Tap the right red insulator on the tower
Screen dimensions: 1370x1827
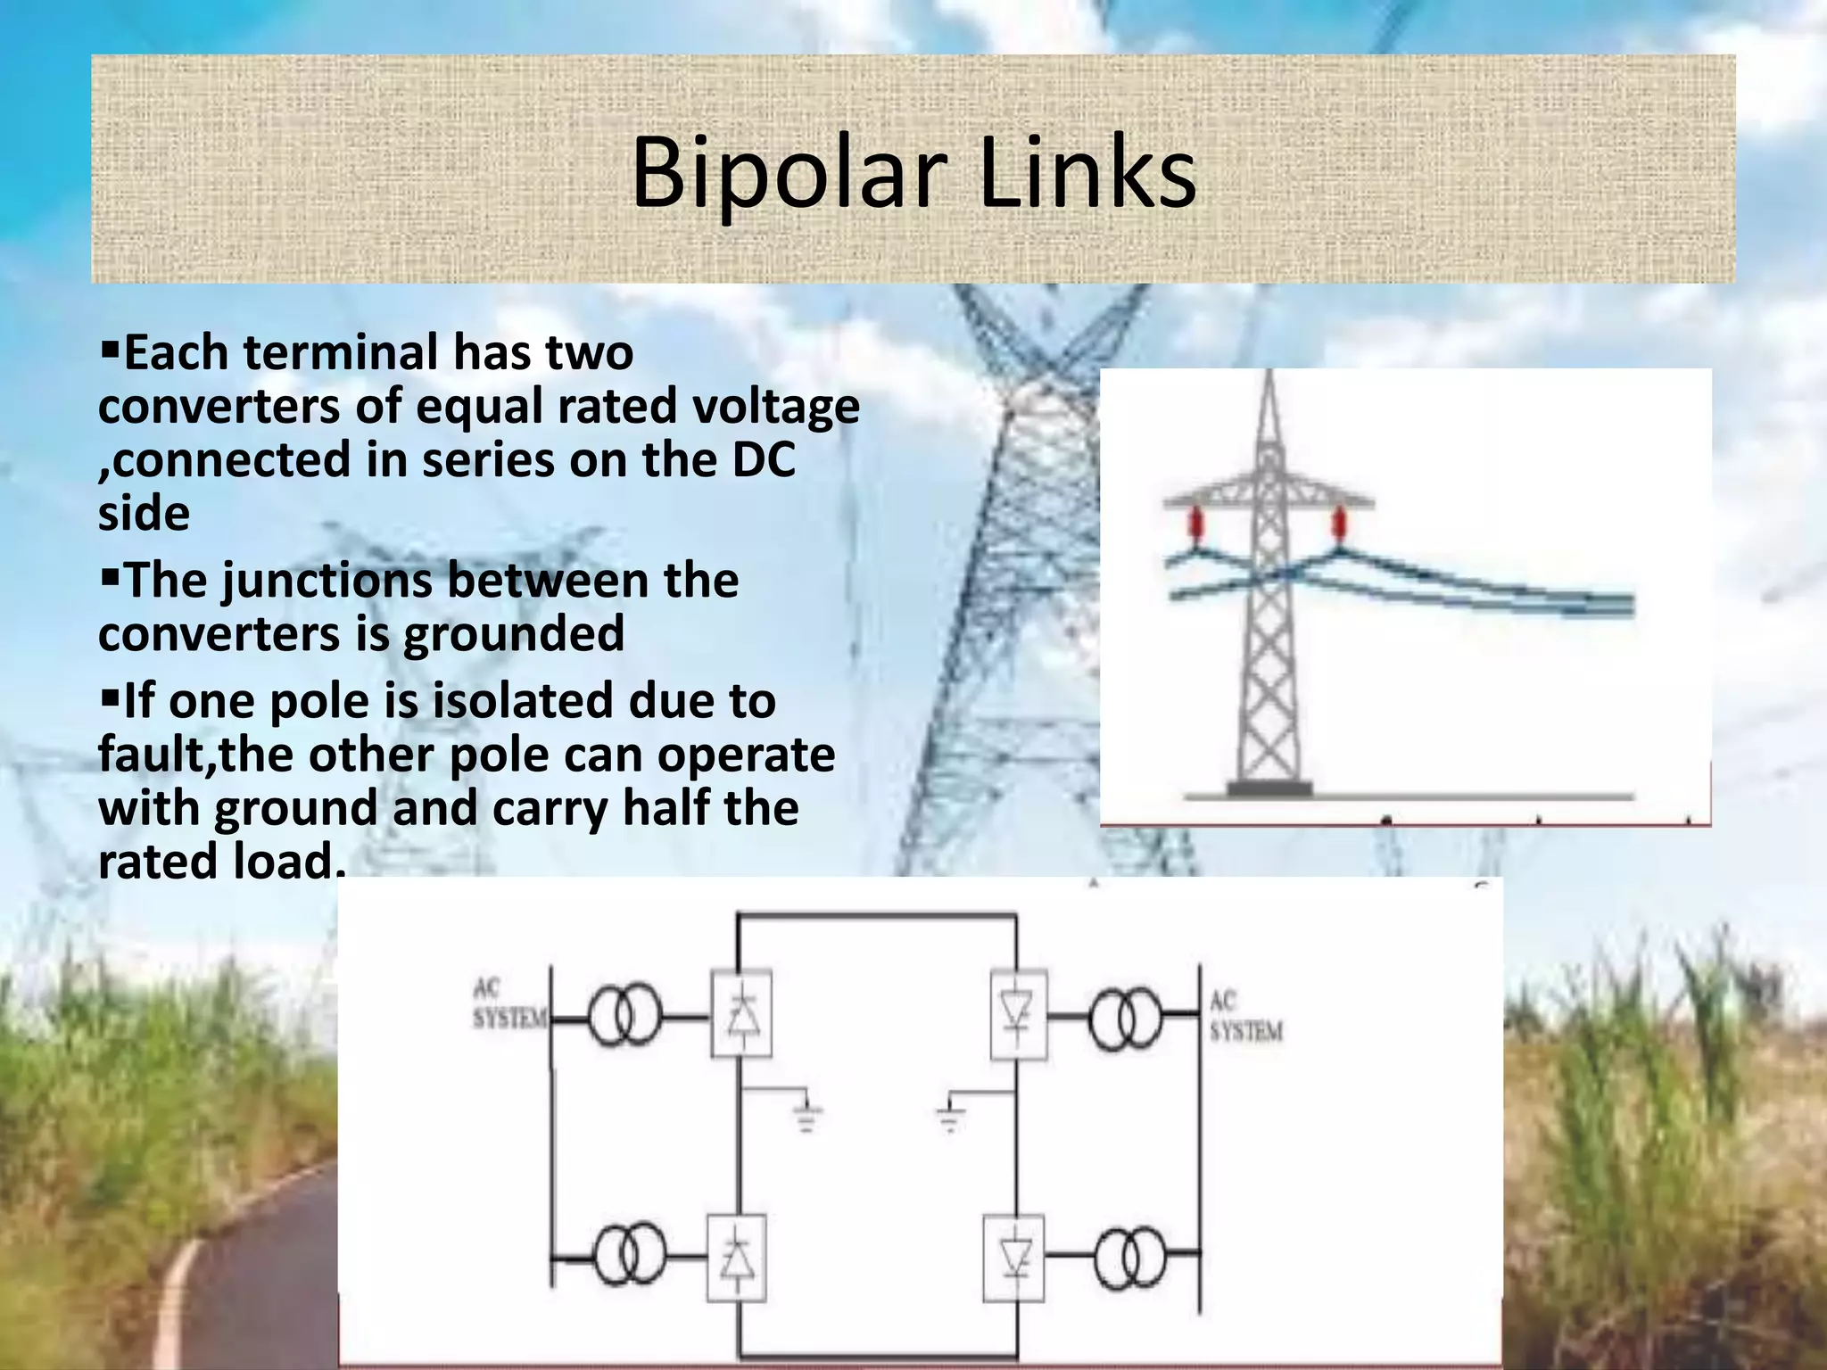click(1338, 524)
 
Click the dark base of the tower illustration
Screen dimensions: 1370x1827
click(1269, 788)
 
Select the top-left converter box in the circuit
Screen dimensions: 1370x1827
click(740, 1015)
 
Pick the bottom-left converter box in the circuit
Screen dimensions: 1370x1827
click(737, 1258)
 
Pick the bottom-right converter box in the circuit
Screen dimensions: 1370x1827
click(1014, 1258)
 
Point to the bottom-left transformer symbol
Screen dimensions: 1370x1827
click(629, 1255)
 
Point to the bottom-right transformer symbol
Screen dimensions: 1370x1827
click(1130, 1256)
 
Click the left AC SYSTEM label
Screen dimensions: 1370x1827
click(508, 1004)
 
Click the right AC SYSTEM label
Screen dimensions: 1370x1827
click(1245, 1017)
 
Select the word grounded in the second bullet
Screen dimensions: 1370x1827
click(514, 634)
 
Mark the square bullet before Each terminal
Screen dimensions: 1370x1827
click(111, 344)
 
